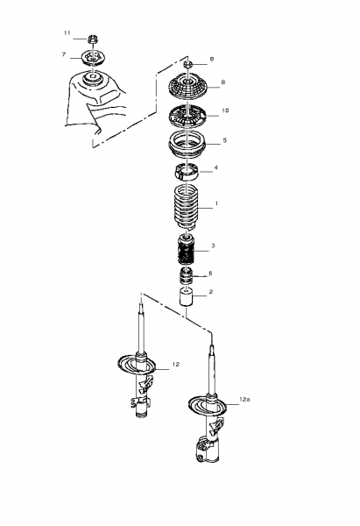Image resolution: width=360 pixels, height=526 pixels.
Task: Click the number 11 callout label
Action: (x=67, y=33)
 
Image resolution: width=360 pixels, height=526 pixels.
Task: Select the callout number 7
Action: (x=64, y=54)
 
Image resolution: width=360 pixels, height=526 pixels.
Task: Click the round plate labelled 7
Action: (x=92, y=59)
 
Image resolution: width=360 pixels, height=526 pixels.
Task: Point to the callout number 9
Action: (x=211, y=59)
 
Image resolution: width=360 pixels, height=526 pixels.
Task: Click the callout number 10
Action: (x=225, y=110)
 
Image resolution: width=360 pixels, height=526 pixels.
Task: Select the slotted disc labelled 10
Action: (x=187, y=117)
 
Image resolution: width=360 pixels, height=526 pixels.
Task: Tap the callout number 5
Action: (x=224, y=140)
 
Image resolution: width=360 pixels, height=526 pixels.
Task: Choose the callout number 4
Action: (x=215, y=167)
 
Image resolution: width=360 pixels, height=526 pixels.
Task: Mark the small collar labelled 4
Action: (x=187, y=171)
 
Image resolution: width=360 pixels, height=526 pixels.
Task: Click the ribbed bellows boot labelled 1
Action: (x=187, y=207)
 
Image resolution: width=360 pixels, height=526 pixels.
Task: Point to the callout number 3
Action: (x=213, y=245)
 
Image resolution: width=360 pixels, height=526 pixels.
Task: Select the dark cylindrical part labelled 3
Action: (x=186, y=250)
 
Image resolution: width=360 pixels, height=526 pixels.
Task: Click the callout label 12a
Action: (x=244, y=400)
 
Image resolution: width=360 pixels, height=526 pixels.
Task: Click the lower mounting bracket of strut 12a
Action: (x=207, y=449)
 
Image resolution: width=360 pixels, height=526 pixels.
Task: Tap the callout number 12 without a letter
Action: (x=176, y=365)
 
